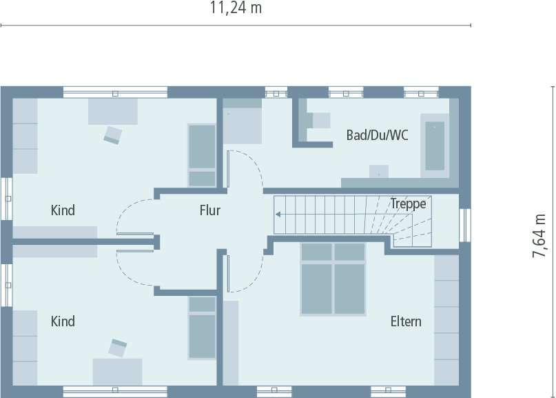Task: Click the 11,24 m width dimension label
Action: [235, 8]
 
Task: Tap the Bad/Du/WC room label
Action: [377, 135]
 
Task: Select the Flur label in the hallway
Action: [210, 210]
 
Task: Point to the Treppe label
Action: [408, 203]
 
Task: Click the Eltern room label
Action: [406, 321]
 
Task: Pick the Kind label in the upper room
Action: [63, 210]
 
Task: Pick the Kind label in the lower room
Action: [63, 321]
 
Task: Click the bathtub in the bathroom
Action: [435, 146]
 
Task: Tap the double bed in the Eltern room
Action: [333, 278]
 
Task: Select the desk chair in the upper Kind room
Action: [112, 134]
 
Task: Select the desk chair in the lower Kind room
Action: [117, 348]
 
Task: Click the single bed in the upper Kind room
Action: [203, 155]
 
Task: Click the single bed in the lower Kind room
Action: [203, 328]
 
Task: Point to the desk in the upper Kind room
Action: [112, 111]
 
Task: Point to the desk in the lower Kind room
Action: [117, 370]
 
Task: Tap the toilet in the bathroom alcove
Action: [319, 121]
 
